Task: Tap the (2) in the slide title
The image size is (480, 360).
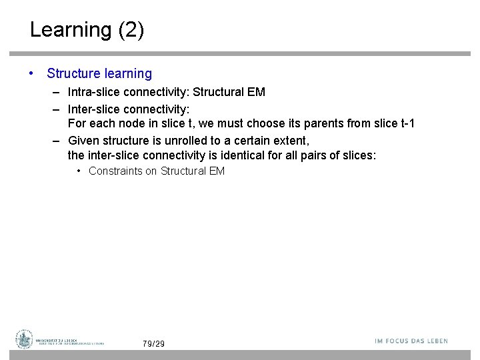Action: point(131,31)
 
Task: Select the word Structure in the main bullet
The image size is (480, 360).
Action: point(72,74)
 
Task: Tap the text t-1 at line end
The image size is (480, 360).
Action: point(406,123)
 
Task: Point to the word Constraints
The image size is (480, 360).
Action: point(115,171)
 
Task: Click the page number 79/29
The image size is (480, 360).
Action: point(153,343)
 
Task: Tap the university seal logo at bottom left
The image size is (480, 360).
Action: point(25,339)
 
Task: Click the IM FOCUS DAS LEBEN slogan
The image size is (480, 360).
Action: point(411,341)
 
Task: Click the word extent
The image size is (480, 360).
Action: point(291,140)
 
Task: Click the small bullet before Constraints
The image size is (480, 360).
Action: point(79,171)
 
